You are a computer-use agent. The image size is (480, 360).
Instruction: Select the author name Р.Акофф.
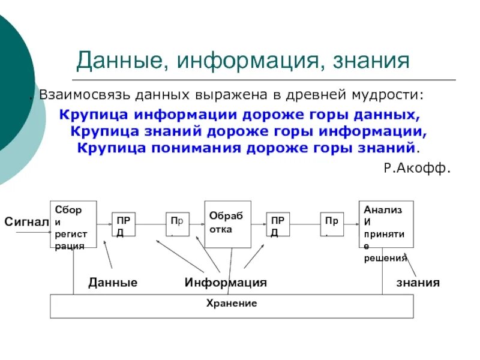[417, 169]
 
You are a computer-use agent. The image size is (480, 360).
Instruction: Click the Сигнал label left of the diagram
[26, 223]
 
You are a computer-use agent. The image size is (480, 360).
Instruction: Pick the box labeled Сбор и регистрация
[73, 224]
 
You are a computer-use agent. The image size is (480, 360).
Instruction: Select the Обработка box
[227, 224]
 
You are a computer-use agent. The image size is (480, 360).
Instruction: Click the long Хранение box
[232, 305]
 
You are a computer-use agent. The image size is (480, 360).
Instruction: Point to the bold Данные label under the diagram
[113, 282]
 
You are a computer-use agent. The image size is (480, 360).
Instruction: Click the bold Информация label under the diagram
[226, 282]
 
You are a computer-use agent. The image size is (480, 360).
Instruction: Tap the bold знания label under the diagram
[418, 282]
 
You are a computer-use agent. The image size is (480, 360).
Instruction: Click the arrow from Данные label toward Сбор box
[107, 254]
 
